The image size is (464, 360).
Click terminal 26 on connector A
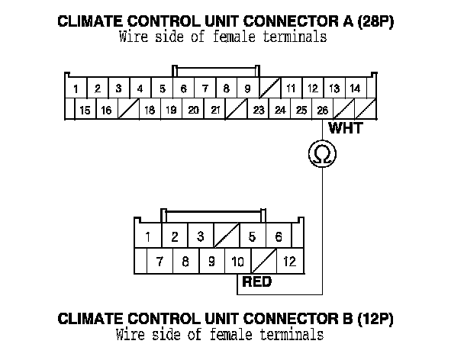pyautogui.click(x=323, y=111)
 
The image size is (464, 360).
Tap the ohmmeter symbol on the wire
pyautogui.click(x=322, y=155)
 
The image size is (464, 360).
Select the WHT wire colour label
pyautogui.click(x=344, y=128)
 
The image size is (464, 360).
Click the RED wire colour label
pyautogui.click(x=257, y=282)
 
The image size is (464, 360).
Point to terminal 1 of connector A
pyautogui.click(x=77, y=89)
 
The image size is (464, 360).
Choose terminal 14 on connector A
pyautogui.click(x=355, y=89)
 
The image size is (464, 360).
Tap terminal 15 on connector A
pyautogui.click(x=85, y=111)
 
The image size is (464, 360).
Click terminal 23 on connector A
pyautogui.click(x=259, y=111)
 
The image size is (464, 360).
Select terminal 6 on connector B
pyautogui.click(x=279, y=237)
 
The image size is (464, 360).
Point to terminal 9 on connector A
pyautogui.click(x=247, y=89)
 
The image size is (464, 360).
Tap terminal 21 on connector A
pyautogui.click(x=215, y=111)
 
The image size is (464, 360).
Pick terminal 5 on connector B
pyautogui.click(x=253, y=237)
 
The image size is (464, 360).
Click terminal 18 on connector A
pyautogui.click(x=150, y=111)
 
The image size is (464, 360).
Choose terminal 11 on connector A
pyautogui.click(x=291, y=89)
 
